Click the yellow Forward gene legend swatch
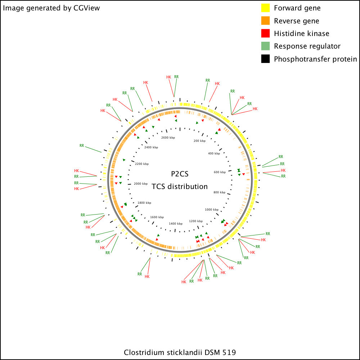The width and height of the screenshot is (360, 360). (265, 8)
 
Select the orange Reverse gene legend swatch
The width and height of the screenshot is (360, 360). (265, 21)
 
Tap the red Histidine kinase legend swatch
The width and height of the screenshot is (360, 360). (265, 33)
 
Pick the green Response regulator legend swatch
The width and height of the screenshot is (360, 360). (265, 46)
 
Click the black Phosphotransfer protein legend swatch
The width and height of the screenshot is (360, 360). (265, 59)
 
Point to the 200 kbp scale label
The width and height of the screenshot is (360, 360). (199, 141)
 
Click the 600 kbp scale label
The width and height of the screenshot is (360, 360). (220, 172)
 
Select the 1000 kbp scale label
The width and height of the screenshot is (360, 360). (212, 210)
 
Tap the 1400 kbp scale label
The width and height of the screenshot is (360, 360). (176, 224)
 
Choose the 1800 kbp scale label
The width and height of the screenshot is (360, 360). (144, 203)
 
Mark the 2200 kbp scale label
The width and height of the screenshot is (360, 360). (142, 164)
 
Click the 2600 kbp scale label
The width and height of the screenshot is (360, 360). (168, 138)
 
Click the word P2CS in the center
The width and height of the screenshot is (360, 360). (180, 174)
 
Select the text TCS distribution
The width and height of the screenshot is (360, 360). (180, 186)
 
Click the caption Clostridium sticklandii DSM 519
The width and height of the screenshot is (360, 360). (180, 352)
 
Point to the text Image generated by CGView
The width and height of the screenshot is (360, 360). (51, 8)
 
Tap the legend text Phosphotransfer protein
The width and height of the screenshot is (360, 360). (315, 59)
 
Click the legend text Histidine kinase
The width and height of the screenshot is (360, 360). (302, 33)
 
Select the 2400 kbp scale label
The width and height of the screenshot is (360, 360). (151, 147)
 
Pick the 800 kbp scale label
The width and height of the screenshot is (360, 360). (220, 192)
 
